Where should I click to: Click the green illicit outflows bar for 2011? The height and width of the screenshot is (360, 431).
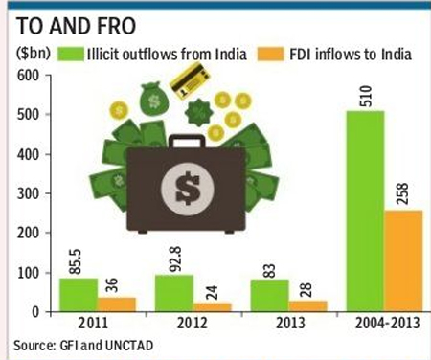79,295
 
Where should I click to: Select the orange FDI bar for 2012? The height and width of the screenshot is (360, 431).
213,307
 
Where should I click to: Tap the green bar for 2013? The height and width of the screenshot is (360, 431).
270,296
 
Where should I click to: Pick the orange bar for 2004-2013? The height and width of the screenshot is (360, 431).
403,261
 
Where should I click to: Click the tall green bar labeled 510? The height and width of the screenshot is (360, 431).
366,212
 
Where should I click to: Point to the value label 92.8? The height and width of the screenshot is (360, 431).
175,259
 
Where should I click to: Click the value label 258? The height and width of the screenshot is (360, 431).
403,193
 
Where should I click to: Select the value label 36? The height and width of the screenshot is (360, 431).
112,285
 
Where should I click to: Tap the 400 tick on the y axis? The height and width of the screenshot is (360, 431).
29,155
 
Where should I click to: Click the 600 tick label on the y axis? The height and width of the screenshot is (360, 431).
29,76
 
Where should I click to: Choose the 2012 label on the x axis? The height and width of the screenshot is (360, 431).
192,323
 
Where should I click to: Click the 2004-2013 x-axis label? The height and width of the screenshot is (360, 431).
387,323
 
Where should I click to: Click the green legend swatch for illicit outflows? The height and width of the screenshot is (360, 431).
71,54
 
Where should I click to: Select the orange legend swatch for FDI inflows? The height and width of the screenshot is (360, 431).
270,54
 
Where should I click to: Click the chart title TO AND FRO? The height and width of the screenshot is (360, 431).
76,26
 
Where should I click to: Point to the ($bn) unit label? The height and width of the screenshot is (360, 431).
34,54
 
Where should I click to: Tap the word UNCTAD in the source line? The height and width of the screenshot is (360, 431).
129,346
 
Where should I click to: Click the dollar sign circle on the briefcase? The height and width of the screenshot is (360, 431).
188,189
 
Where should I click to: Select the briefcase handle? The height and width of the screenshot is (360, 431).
187,142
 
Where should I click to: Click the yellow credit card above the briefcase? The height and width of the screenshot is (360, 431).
190,80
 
